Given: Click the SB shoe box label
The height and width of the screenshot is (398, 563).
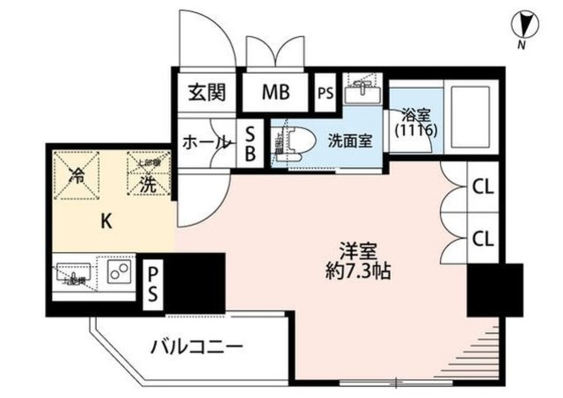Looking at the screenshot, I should pos(251,142).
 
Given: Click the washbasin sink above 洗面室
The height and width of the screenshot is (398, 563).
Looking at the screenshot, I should pos(362,90).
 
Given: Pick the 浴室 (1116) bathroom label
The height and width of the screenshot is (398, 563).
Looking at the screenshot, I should pos(415,121).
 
